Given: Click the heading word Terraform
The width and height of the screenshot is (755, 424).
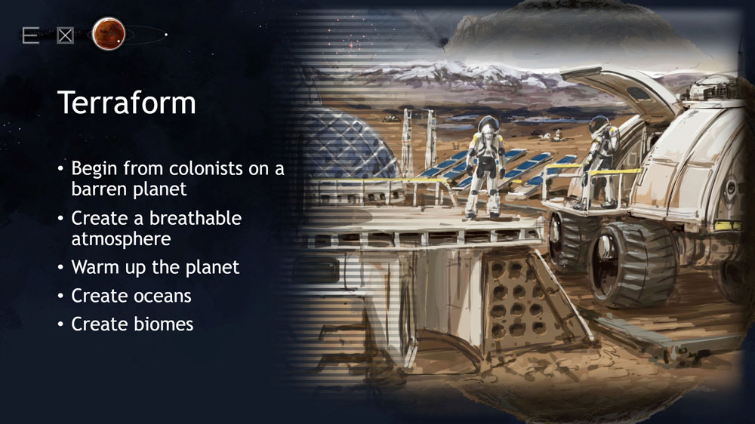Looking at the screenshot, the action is click(127, 102).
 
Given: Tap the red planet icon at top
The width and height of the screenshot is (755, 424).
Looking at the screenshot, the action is click(108, 34).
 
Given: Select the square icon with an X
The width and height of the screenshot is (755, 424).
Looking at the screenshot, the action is click(65, 35).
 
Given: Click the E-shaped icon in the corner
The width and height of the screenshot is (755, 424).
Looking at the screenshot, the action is click(30, 35).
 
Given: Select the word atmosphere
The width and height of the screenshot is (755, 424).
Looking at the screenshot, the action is click(121, 239).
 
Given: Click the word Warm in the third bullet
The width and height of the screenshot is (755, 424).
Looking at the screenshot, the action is click(95, 267).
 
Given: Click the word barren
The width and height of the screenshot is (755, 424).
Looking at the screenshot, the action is click(97, 189).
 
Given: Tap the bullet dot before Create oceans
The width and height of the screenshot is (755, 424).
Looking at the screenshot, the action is click(60, 296).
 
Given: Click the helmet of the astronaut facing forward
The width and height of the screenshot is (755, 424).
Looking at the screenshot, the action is click(487, 124).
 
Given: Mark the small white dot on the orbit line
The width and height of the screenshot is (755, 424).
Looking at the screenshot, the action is click(165, 35).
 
